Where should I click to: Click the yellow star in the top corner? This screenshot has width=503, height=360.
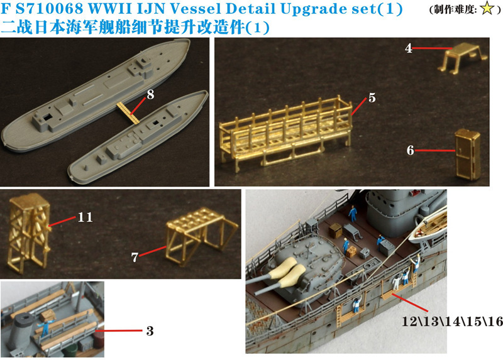tap(487, 9)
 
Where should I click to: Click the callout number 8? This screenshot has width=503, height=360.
tap(150, 95)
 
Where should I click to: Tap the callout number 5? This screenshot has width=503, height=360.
tap(372, 98)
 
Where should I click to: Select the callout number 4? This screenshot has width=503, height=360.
tap(408, 48)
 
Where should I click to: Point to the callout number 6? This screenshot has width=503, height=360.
tap(411, 150)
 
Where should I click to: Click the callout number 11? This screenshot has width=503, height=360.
tap(85, 217)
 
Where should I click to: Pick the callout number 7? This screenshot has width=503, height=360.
tap(135, 257)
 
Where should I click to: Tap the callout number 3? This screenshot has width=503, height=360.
tap(150, 331)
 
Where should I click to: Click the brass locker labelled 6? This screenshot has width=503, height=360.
tap(468, 153)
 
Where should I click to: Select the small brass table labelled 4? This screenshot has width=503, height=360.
tap(463, 58)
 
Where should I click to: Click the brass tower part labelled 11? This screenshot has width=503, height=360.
tap(30, 233)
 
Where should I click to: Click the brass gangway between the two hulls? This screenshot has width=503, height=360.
tap(128, 112)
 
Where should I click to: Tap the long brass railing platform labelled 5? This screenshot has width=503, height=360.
tap(285, 133)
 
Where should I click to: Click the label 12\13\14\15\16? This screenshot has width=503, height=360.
tap(452, 321)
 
